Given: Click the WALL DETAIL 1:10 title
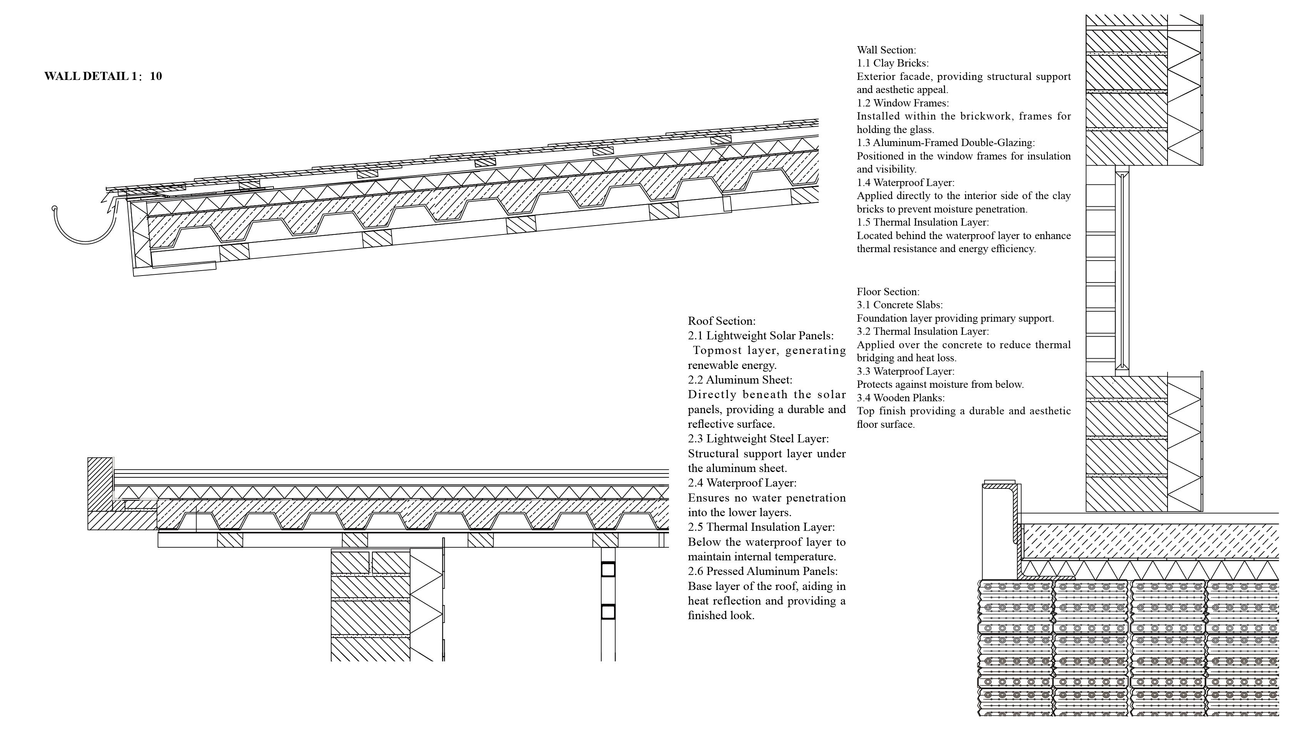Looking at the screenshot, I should pyautogui.click(x=103, y=76).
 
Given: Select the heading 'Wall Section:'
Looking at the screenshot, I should pyautogui.click(x=886, y=50).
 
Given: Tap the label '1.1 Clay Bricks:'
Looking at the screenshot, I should pyautogui.click(x=892, y=63).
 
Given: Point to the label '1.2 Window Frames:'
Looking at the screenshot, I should pyautogui.click(x=902, y=103).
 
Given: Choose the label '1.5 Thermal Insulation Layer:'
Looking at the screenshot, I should pyautogui.click(x=923, y=222).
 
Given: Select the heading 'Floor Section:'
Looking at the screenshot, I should pyautogui.click(x=888, y=292).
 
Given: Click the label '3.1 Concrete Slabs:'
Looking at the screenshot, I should pyautogui.click(x=899, y=305).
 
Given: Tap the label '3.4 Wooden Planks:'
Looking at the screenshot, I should pyautogui.click(x=901, y=398).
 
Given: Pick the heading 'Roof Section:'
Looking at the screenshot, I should pyautogui.click(x=721, y=321).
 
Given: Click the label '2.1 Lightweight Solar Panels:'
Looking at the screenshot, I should pyautogui.click(x=760, y=336).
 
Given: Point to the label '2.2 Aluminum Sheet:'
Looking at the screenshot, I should pyautogui.click(x=740, y=380).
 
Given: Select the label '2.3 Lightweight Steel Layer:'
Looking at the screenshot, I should pyautogui.click(x=758, y=439).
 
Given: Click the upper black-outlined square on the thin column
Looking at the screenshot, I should pyautogui.click(x=608, y=569).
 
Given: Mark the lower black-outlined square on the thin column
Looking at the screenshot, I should pyautogui.click(x=608, y=612).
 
